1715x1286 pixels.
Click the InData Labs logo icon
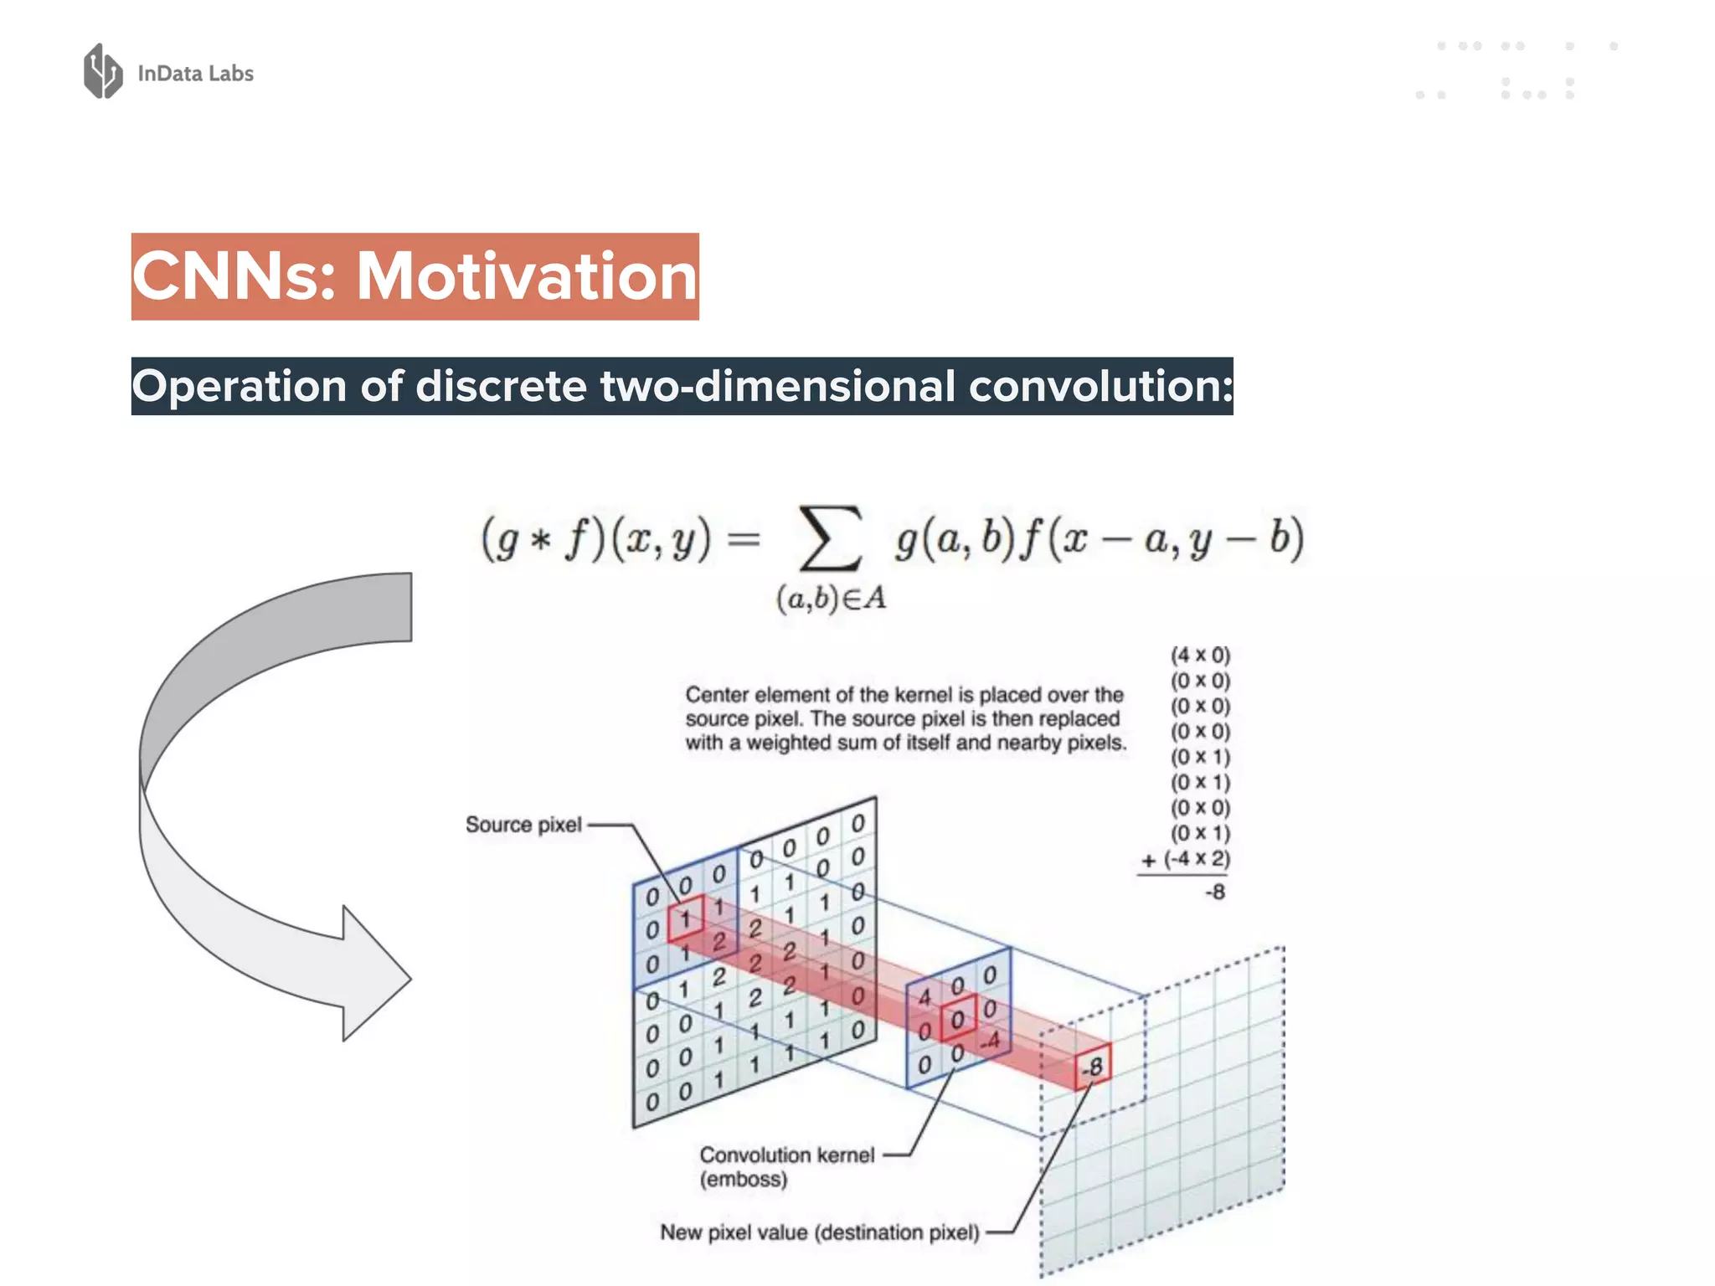[x=103, y=71]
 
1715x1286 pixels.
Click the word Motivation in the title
[x=527, y=276]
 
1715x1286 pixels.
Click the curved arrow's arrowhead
[x=373, y=975]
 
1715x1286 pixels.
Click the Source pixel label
[x=523, y=825]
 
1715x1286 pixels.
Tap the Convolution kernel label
[x=787, y=1155]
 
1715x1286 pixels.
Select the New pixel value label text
[x=819, y=1232]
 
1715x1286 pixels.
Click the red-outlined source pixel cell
[x=686, y=918]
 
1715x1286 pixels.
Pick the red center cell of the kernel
[x=958, y=1019]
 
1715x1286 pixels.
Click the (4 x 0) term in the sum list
[x=1200, y=655]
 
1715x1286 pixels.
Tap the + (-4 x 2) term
[x=1187, y=859]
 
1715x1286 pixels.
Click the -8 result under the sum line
[x=1215, y=892]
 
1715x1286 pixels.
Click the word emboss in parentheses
[x=744, y=1180]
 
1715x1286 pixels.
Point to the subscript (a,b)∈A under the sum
[x=831, y=599]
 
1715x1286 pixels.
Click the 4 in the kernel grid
[x=924, y=997]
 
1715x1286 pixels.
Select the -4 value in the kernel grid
[x=991, y=1042]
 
